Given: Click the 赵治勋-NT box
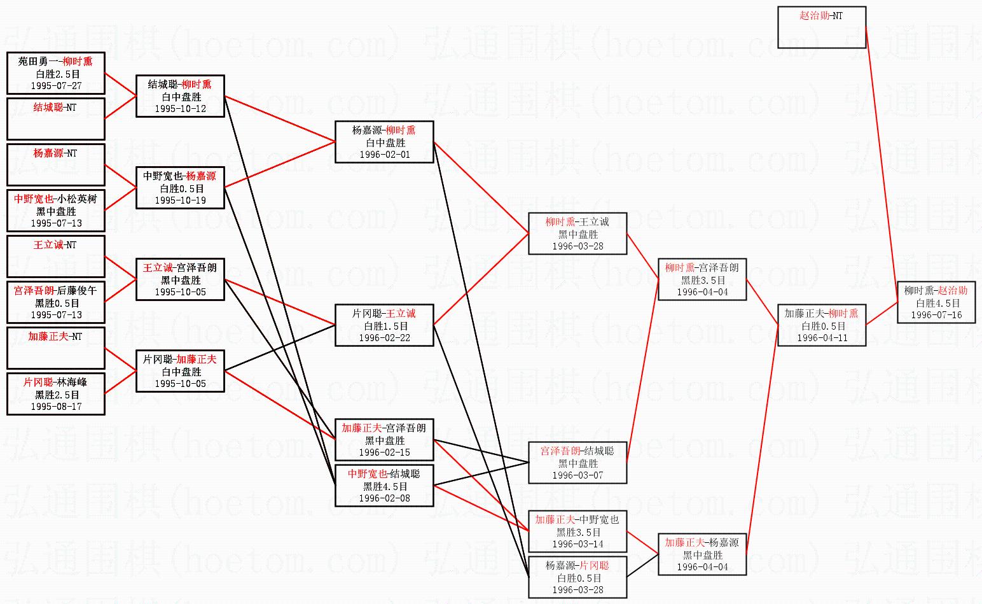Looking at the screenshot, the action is point(821,27).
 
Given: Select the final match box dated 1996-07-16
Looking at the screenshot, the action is point(936,303).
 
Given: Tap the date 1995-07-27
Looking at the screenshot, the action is point(56,86).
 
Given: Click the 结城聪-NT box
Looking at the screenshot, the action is point(55,118).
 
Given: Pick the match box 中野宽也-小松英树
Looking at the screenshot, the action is point(55,211).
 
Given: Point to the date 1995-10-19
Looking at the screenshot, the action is point(180,200).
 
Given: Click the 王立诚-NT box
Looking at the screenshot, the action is point(55,256).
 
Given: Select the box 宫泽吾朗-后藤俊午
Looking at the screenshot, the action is point(55,302).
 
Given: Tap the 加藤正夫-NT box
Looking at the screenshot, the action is point(55,348).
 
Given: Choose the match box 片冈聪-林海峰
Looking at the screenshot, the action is point(55,394).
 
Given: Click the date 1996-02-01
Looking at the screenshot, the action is point(384,155).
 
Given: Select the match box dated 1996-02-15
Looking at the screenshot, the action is point(384,440).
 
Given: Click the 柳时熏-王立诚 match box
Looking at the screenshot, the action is point(577,234).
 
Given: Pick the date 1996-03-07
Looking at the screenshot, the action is point(577,475).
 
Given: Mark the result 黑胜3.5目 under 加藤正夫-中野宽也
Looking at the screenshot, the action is point(578,532).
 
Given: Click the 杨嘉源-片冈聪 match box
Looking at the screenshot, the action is point(577,577).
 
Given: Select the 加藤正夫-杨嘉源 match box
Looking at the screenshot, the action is point(702,554).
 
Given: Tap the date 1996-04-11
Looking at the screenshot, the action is point(822,338).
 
